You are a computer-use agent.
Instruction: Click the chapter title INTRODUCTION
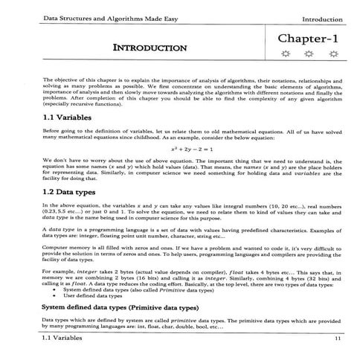click(x=149, y=48)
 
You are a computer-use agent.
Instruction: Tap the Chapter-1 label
click(x=307, y=37)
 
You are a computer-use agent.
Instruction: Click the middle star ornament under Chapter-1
click(x=307, y=54)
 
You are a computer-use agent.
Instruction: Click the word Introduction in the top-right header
click(x=322, y=17)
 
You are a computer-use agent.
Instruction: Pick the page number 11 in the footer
click(x=338, y=338)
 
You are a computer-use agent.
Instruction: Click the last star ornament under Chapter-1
click(x=332, y=54)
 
